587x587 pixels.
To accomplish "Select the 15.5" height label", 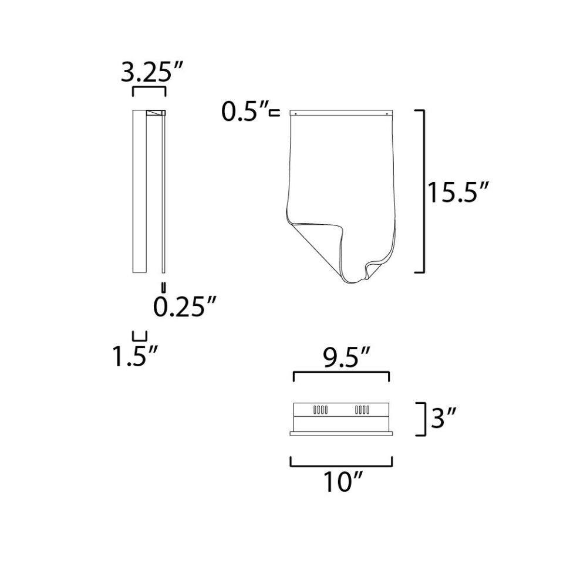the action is pyautogui.click(x=458, y=193).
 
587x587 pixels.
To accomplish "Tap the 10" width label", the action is pyautogui.click(x=343, y=482).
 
